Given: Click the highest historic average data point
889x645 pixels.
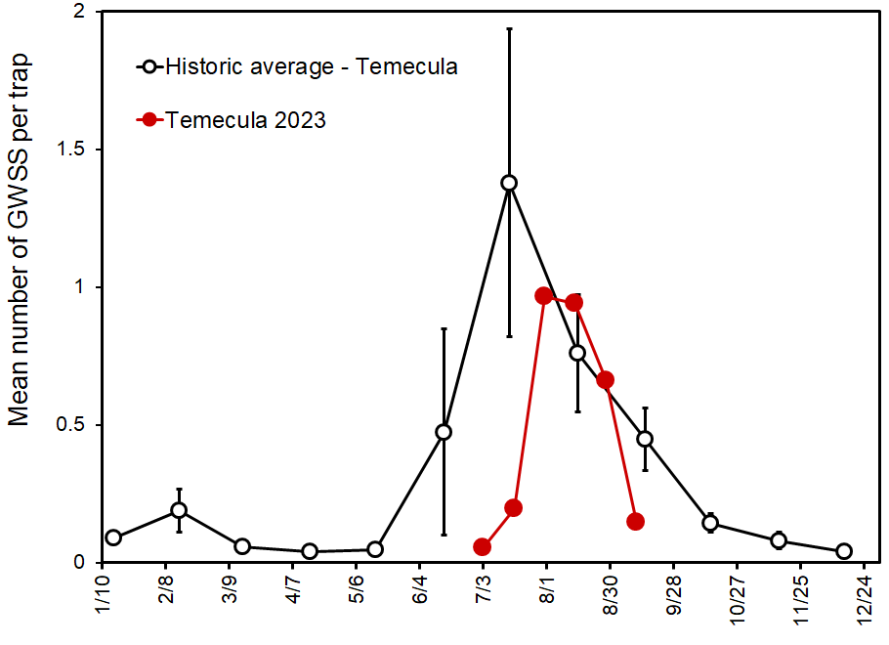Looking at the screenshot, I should pyautogui.click(x=509, y=183).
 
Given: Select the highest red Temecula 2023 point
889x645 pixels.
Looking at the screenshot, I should pyautogui.click(x=545, y=295).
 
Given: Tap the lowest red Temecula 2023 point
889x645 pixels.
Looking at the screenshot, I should pyautogui.click(x=482, y=546).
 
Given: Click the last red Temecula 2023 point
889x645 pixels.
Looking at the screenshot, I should pyautogui.click(x=635, y=521).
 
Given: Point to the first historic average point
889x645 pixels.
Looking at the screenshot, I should pyautogui.click(x=113, y=537).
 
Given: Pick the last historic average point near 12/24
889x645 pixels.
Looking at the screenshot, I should pyautogui.click(x=844, y=551).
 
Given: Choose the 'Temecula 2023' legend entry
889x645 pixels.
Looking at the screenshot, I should pyautogui.click(x=245, y=120).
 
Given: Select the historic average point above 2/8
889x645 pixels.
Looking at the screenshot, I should pyautogui.click(x=179, y=510).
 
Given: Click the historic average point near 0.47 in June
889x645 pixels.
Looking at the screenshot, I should pyautogui.click(x=444, y=432).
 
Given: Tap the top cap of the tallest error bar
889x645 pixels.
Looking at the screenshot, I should pyautogui.click(x=509, y=29).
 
